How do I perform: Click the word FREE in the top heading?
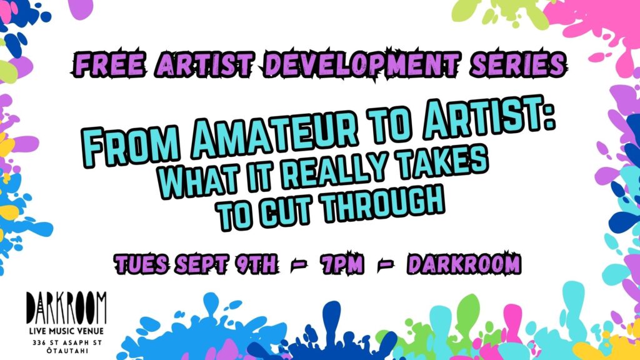coord(109,64)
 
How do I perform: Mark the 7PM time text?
coord(341,264)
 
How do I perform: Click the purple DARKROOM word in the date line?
coord(464,263)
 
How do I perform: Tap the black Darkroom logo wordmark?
coord(66,307)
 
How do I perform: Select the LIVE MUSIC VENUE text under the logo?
coord(66,331)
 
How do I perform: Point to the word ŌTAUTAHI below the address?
coord(66,351)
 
